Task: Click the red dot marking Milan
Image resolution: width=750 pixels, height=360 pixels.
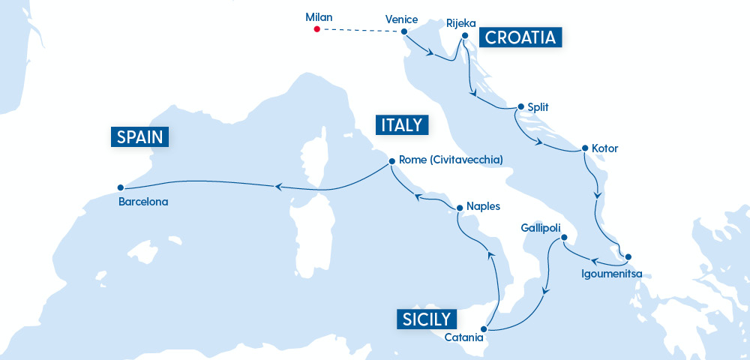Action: [316, 29]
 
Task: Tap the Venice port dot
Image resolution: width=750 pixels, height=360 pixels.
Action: [404, 31]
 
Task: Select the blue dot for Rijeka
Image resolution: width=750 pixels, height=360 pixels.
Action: [465, 35]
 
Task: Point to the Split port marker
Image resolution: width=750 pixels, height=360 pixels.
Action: [517, 107]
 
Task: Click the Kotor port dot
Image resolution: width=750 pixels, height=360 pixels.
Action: [583, 148]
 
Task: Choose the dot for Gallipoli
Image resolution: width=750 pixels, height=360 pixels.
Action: [564, 239]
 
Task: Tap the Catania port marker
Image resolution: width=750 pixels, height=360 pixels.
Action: [485, 328]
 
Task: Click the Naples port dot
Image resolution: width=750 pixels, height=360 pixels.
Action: [458, 206]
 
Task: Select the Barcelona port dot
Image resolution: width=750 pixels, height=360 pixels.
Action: [120, 187]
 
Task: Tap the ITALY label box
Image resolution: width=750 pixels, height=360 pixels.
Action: [402, 125]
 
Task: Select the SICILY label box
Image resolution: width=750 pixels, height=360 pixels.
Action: [425, 319]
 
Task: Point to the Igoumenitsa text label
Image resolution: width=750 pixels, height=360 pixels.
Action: [612, 273]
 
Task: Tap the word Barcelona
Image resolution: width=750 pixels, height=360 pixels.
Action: [143, 202]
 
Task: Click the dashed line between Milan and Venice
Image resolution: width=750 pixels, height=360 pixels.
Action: [360, 31]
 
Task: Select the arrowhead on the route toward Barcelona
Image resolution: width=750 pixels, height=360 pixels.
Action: [277, 187]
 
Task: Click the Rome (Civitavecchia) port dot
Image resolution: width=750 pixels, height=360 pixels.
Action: [391, 160]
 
